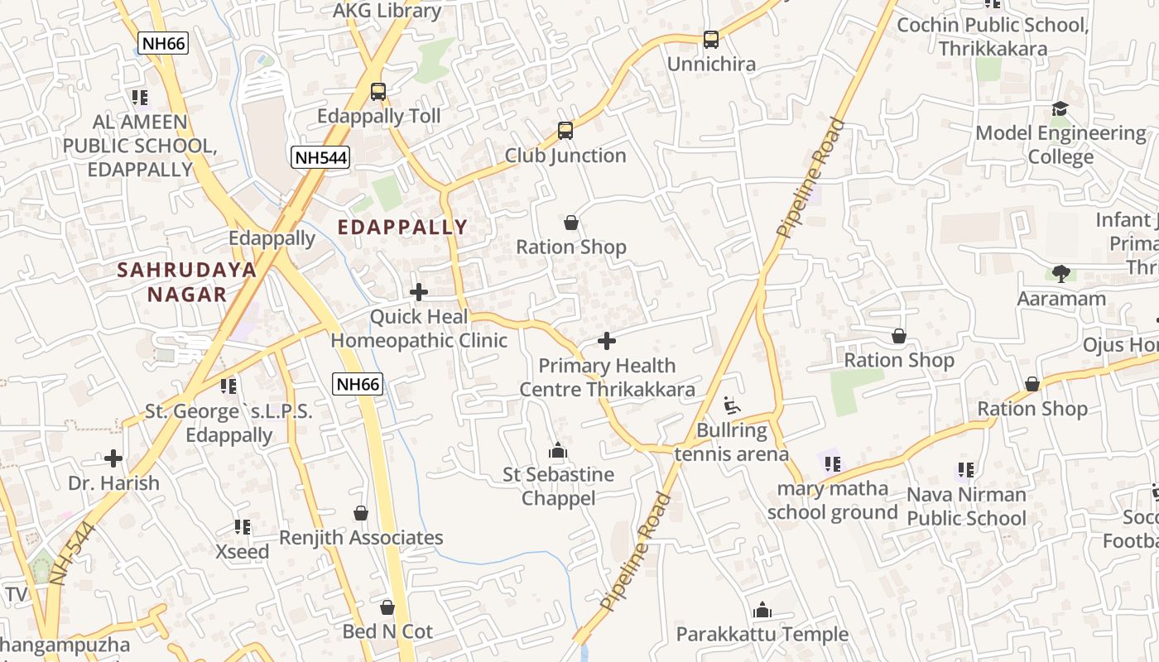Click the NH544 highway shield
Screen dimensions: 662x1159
pos(320,157)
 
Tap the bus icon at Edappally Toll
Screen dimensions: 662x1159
pos(378,92)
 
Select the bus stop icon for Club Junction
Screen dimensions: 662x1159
pos(565,131)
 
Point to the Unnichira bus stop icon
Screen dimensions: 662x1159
pos(711,39)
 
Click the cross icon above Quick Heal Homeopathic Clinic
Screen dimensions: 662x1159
pos(419,292)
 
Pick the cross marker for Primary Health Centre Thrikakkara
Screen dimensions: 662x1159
pos(607,341)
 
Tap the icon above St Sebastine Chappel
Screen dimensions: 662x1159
pos(558,450)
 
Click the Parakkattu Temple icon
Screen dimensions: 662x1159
pos(762,611)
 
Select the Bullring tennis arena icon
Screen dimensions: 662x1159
pos(732,405)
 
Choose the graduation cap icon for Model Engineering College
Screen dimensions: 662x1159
pos(1060,109)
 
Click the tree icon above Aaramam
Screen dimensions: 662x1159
pos(1061,274)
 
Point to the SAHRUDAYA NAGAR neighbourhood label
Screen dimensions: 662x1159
pos(186,281)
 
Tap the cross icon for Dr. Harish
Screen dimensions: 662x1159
pos(113,458)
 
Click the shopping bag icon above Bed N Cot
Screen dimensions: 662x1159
pos(387,607)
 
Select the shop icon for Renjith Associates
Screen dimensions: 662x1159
pos(361,514)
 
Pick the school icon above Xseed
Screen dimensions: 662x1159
pos(243,527)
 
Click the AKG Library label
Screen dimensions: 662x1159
pos(387,11)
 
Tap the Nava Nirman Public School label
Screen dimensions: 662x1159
pos(966,506)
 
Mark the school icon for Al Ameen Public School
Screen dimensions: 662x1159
pos(140,98)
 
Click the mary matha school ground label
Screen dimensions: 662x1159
pos(832,501)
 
